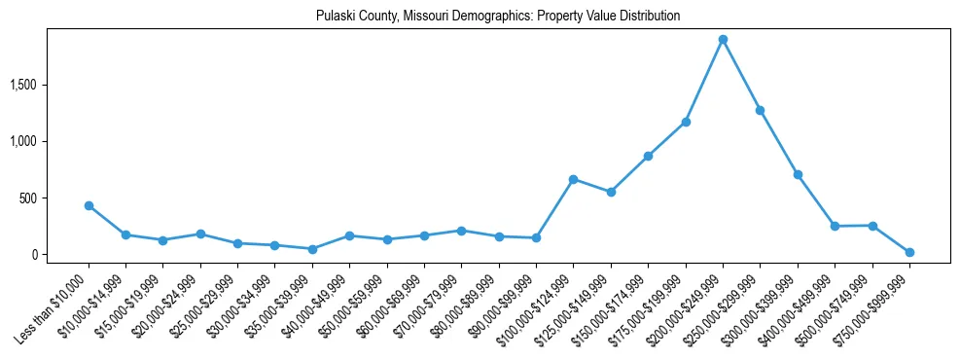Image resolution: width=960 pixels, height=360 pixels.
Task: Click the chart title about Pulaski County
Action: [498, 17]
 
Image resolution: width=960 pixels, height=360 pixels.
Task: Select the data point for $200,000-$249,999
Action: [723, 40]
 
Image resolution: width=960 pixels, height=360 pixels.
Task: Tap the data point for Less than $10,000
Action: [89, 205]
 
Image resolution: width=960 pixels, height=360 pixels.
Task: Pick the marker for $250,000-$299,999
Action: [761, 110]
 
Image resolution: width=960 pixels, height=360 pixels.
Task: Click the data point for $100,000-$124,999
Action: [574, 179]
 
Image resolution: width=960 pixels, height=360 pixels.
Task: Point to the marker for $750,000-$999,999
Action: [909, 252]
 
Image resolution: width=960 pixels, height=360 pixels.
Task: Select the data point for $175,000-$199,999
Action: [686, 122]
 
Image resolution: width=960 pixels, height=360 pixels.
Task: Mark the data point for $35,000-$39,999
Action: [312, 249]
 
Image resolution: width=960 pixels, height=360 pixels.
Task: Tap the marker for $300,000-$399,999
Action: [798, 174]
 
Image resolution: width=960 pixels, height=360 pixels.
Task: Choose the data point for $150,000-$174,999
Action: [648, 156]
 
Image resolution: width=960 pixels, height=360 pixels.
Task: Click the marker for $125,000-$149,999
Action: [611, 192]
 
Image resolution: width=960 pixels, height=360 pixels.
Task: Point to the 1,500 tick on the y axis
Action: [22, 86]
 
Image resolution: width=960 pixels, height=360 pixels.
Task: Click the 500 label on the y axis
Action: [27, 198]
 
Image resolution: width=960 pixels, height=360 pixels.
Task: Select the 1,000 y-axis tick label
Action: [22, 142]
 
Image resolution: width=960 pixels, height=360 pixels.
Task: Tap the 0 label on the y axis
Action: [34, 255]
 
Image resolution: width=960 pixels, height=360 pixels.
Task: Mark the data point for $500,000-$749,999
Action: [872, 226]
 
